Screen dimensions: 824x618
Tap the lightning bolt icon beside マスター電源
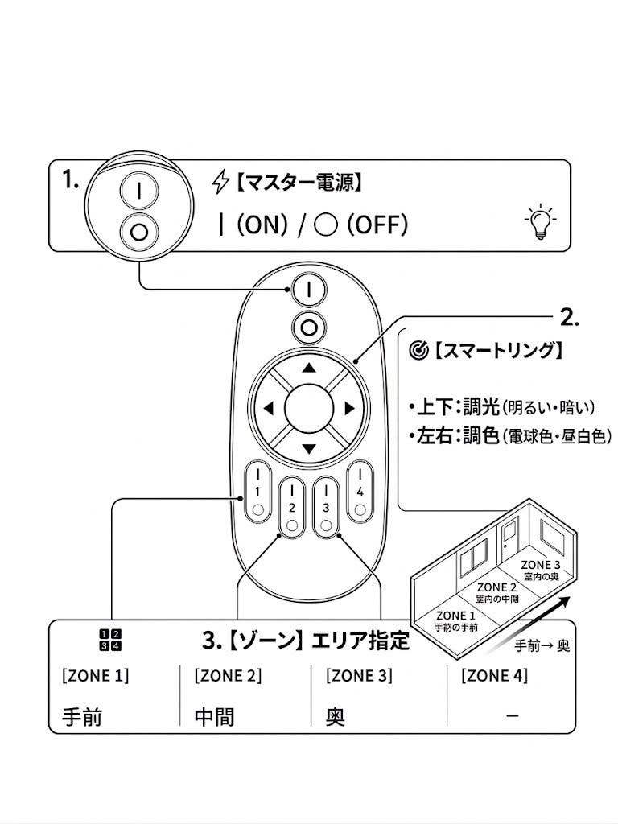[220, 183]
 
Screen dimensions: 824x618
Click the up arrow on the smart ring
[308, 369]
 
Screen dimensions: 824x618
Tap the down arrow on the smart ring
[308, 448]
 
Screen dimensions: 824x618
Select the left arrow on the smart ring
[268, 409]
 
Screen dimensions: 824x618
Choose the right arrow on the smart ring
[349, 409]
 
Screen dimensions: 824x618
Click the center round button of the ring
[308, 408]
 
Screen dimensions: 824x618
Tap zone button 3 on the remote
[325, 508]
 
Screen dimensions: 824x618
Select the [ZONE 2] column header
[228, 676]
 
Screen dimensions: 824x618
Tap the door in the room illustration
[509, 537]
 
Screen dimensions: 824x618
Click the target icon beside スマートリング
[418, 351]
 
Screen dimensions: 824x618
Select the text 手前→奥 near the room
[542, 645]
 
